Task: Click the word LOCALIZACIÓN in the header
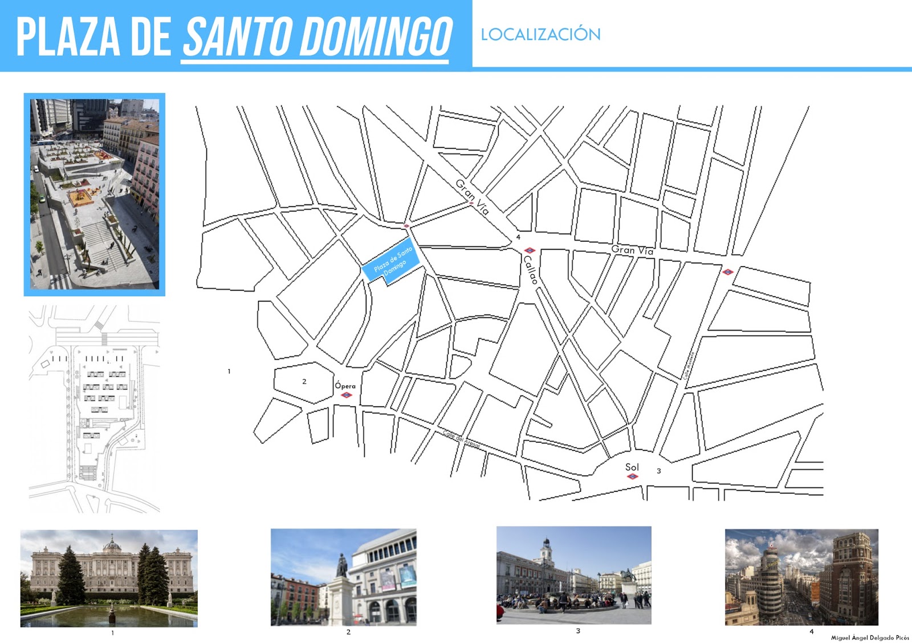540,34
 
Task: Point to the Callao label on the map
531,270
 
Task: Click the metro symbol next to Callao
530,250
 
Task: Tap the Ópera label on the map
345,386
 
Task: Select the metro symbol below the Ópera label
346,394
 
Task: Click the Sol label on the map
632,467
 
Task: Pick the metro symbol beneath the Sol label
632,476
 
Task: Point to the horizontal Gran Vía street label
632,250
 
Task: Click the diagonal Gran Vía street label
472,197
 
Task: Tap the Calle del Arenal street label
461,438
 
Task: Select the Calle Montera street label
689,366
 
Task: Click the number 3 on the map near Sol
658,471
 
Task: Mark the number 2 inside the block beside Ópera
304,381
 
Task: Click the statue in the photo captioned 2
342,565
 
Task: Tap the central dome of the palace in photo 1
112,544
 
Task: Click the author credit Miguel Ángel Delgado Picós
870,638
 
